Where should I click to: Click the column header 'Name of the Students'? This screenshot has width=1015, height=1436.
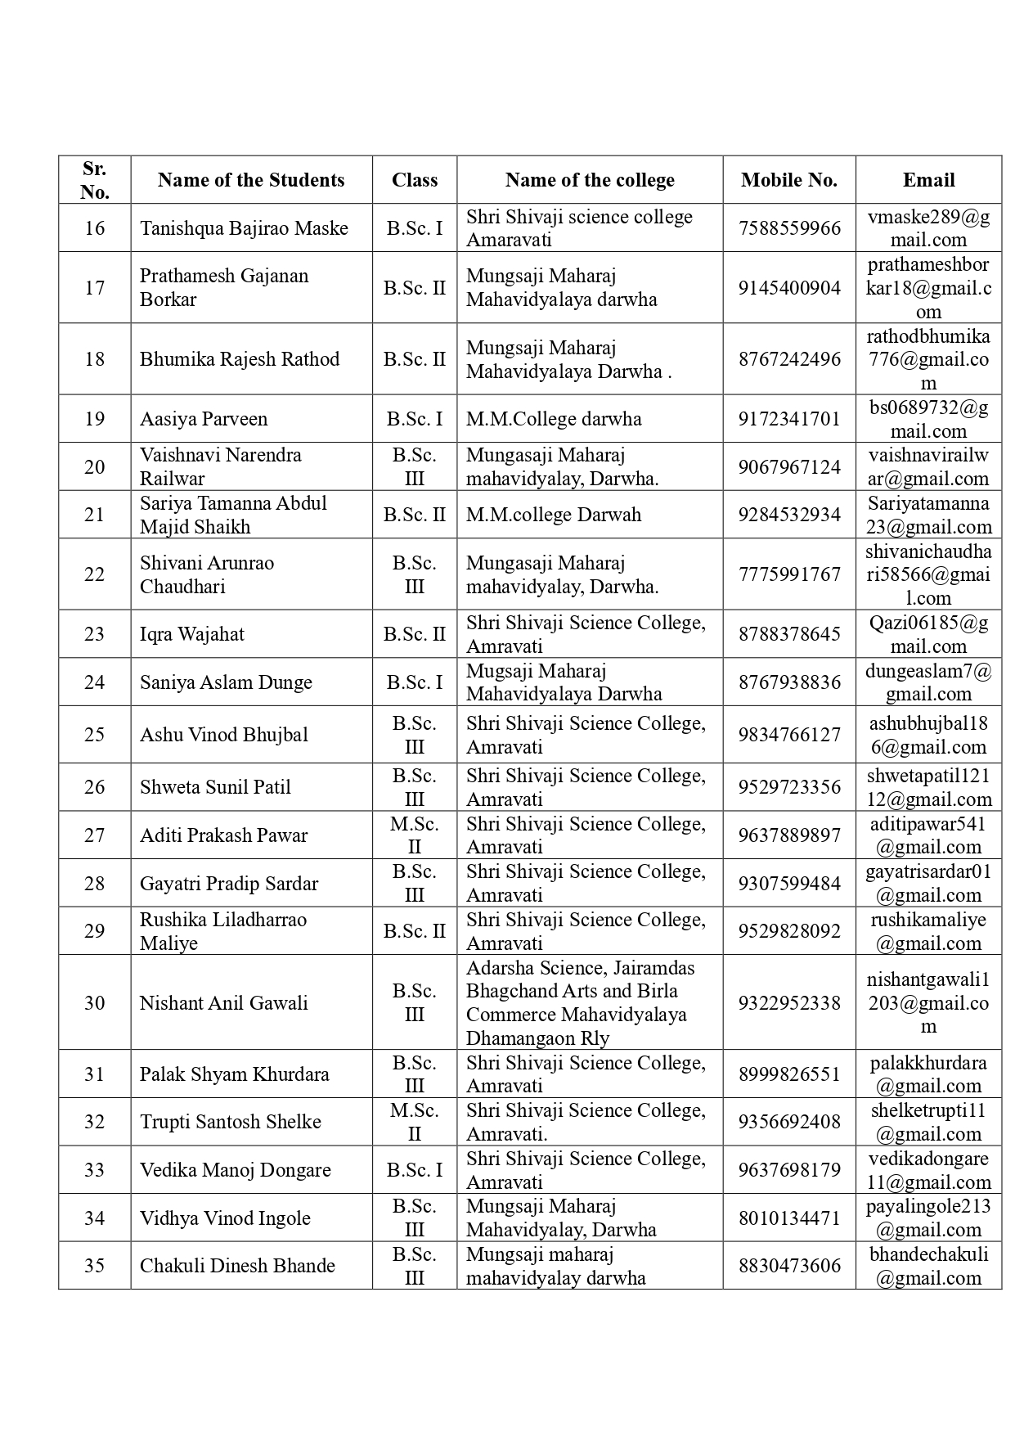point(251,180)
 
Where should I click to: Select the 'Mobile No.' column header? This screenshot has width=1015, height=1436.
point(789,180)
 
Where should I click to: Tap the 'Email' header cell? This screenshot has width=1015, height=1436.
point(928,180)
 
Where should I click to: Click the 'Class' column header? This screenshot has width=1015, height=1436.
point(415,180)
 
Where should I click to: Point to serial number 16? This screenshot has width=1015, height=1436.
point(95,228)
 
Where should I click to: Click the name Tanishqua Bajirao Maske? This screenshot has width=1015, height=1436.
point(244,228)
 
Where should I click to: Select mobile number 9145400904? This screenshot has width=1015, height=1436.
point(789,288)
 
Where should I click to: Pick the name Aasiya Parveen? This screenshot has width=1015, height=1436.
point(204,419)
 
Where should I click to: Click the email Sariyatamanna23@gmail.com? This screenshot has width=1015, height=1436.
point(928,515)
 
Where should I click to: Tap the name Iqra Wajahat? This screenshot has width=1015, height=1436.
point(192,634)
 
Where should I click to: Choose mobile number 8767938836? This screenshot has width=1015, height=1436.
point(789,682)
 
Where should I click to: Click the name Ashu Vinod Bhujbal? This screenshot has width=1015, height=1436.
point(224,735)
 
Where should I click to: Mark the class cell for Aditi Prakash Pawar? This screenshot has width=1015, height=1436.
point(415,835)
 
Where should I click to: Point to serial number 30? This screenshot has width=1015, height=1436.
point(95,1003)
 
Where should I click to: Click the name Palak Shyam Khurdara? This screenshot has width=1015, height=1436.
point(235,1074)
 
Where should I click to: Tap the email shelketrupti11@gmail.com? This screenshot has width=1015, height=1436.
point(928,1122)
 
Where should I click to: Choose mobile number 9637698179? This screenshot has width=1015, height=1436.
point(789,1170)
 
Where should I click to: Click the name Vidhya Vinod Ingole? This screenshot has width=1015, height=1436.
point(225,1218)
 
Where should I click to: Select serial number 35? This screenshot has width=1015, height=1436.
point(95,1266)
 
